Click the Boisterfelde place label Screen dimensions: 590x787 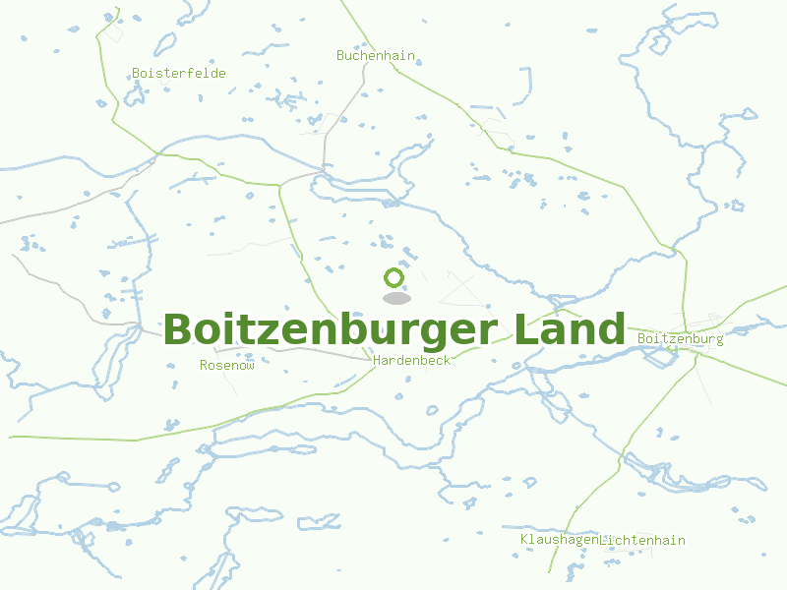[x=179, y=74]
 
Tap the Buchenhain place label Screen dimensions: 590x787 [x=376, y=56]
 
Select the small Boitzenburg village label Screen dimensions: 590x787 [x=680, y=339]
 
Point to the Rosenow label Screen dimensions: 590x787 [x=227, y=365]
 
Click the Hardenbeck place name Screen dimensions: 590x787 [x=412, y=361]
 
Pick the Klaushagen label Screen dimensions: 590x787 [x=558, y=540]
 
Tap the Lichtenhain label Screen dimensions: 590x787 [x=642, y=540]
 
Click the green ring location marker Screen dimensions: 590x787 [x=394, y=277]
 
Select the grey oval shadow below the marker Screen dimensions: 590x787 [x=395, y=298]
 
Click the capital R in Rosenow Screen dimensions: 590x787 [x=204, y=365]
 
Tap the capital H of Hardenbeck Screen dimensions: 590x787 [x=378, y=361]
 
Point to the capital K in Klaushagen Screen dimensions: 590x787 [x=524, y=540]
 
